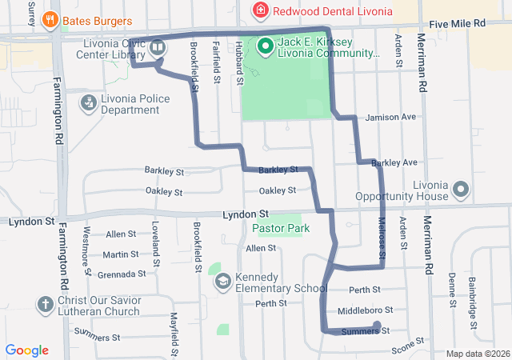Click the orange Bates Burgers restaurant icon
(51, 18)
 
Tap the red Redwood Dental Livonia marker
(260, 10)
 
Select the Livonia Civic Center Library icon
(158, 47)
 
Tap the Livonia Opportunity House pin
(461, 190)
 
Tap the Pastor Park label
(276, 228)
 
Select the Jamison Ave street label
(390, 117)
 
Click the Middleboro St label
(366, 310)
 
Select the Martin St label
(121, 254)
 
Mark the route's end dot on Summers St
(376, 326)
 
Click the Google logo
(27, 350)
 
